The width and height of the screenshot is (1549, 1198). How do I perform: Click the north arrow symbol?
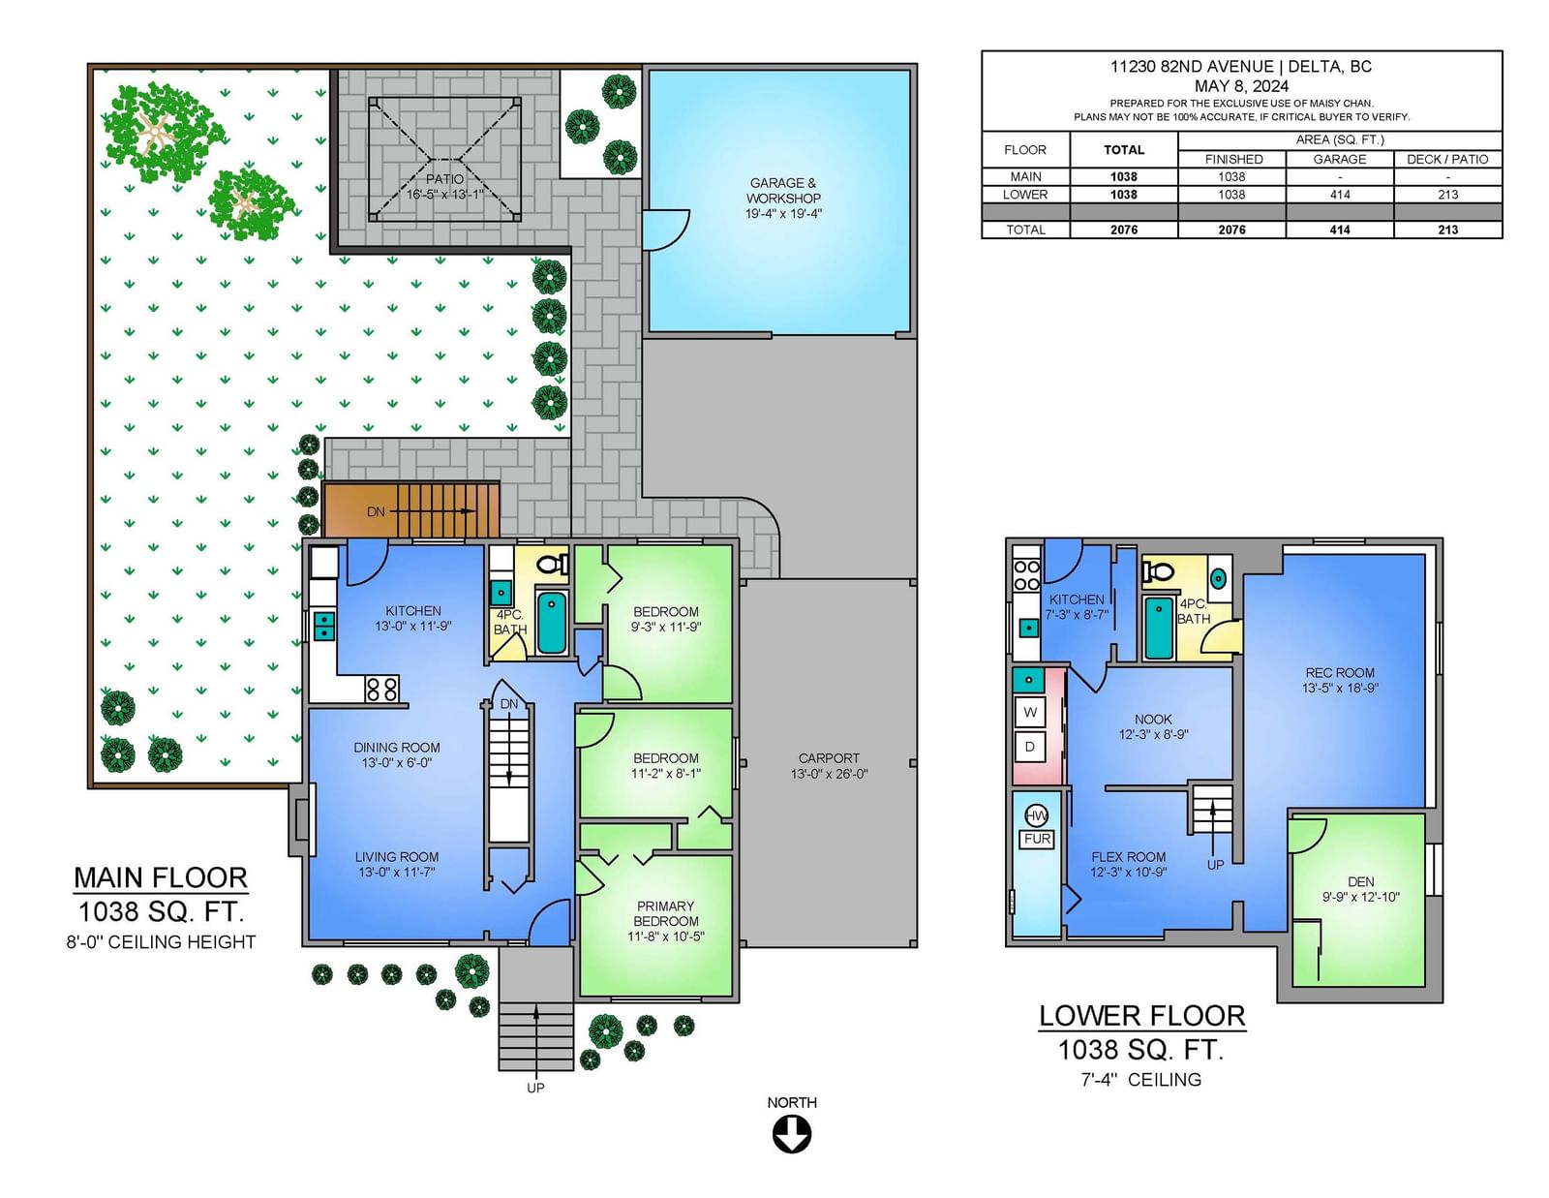point(791,1134)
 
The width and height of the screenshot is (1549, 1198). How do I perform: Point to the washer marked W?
point(1030,712)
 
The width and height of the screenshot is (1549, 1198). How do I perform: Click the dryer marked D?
point(1030,747)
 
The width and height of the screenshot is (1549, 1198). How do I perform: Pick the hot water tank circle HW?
point(1036,815)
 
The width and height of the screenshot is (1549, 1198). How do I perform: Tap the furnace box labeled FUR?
point(1037,840)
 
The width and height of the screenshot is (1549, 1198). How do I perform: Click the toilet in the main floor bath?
point(553,565)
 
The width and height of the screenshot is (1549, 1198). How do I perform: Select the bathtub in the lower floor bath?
point(1159,628)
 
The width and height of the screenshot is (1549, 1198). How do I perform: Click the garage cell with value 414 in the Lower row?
point(1340,195)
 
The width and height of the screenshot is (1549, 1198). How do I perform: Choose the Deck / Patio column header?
point(1447,159)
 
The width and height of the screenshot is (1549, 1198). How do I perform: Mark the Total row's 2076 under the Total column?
point(1123,230)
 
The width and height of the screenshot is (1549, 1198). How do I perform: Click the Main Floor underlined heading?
point(161,878)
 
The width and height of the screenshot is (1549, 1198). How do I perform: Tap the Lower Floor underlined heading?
point(1142,1016)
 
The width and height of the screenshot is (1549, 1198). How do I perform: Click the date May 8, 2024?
point(1241,86)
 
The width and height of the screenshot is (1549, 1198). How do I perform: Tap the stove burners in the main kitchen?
point(382,689)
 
